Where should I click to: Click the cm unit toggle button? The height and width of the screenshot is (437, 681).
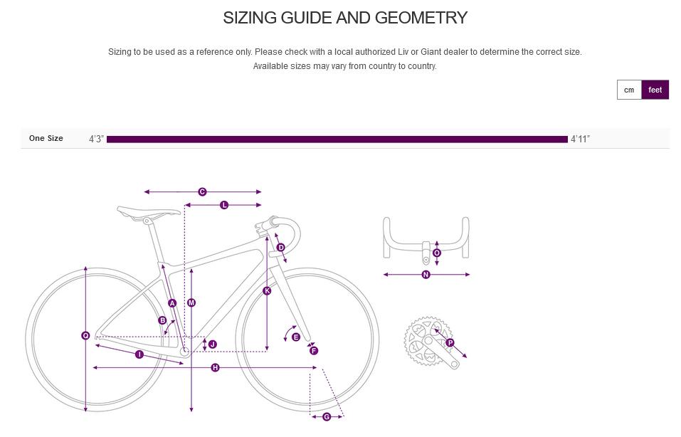(x=629, y=90)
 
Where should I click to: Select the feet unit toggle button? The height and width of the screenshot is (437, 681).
(x=655, y=90)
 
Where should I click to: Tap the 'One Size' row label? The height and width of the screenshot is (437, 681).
(x=46, y=138)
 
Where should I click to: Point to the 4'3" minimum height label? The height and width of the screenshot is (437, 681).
(x=96, y=139)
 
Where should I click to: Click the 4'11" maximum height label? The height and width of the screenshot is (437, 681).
(x=580, y=139)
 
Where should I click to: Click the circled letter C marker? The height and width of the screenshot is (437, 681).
(x=202, y=191)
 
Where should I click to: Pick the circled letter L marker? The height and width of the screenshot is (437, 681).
(x=224, y=205)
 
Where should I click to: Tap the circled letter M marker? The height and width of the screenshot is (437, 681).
(x=191, y=302)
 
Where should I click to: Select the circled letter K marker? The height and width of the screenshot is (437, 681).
(x=267, y=290)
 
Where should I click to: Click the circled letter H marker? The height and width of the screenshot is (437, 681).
(x=215, y=367)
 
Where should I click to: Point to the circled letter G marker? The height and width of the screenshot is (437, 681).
(x=327, y=417)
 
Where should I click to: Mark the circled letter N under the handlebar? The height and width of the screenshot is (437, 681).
(x=426, y=275)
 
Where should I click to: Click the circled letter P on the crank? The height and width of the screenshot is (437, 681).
(x=450, y=343)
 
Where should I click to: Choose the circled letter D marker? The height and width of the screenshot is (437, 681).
(x=280, y=248)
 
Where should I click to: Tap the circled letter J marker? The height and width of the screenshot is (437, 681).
(x=212, y=344)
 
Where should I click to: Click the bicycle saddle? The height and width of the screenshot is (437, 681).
(x=149, y=211)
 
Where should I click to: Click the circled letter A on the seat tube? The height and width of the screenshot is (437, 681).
(x=172, y=303)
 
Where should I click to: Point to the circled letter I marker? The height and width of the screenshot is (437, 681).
(x=139, y=354)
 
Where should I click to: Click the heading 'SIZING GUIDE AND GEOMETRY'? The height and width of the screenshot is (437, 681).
(x=345, y=18)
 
